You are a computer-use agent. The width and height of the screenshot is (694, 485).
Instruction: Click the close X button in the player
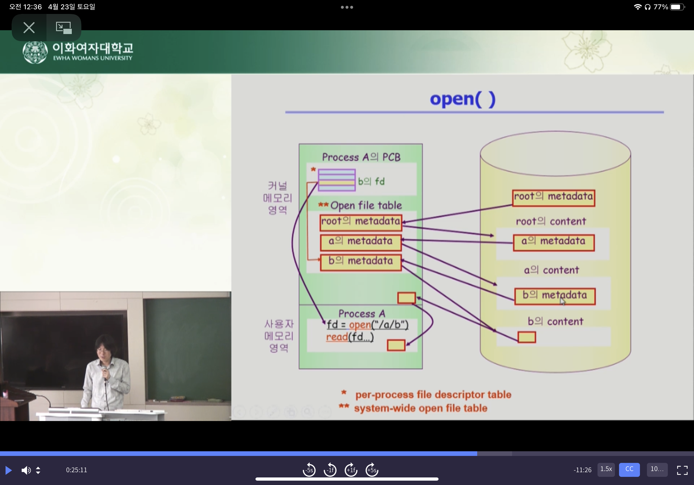tap(29, 28)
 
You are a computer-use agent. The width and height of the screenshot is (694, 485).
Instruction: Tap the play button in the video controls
tap(8, 470)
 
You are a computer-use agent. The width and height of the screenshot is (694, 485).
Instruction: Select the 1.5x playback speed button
tap(606, 469)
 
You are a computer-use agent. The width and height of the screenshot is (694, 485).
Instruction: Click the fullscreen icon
tap(682, 470)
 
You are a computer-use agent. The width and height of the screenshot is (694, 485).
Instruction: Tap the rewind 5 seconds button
tap(309, 470)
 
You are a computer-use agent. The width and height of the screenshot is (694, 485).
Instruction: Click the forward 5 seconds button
tap(372, 470)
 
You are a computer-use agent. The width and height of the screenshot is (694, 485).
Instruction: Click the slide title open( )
tap(462, 99)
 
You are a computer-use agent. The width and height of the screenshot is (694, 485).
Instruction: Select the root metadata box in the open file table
tap(361, 222)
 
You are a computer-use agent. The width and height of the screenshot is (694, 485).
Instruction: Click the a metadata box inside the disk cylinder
tap(554, 242)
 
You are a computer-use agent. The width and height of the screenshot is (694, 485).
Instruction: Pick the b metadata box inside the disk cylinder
tap(555, 296)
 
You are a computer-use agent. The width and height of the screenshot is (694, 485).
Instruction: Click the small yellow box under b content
tap(527, 337)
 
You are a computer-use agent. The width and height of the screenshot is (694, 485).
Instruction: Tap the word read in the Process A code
tap(337, 337)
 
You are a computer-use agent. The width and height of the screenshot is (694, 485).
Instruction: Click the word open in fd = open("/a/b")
tap(360, 325)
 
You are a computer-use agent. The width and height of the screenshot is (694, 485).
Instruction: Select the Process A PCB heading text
tap(361, 157)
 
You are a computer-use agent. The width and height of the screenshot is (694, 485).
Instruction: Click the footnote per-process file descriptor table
tap(433, 395)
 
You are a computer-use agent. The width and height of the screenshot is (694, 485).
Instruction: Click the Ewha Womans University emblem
tap(35, 52)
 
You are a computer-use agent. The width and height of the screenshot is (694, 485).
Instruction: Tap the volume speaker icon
tap(26, 470)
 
